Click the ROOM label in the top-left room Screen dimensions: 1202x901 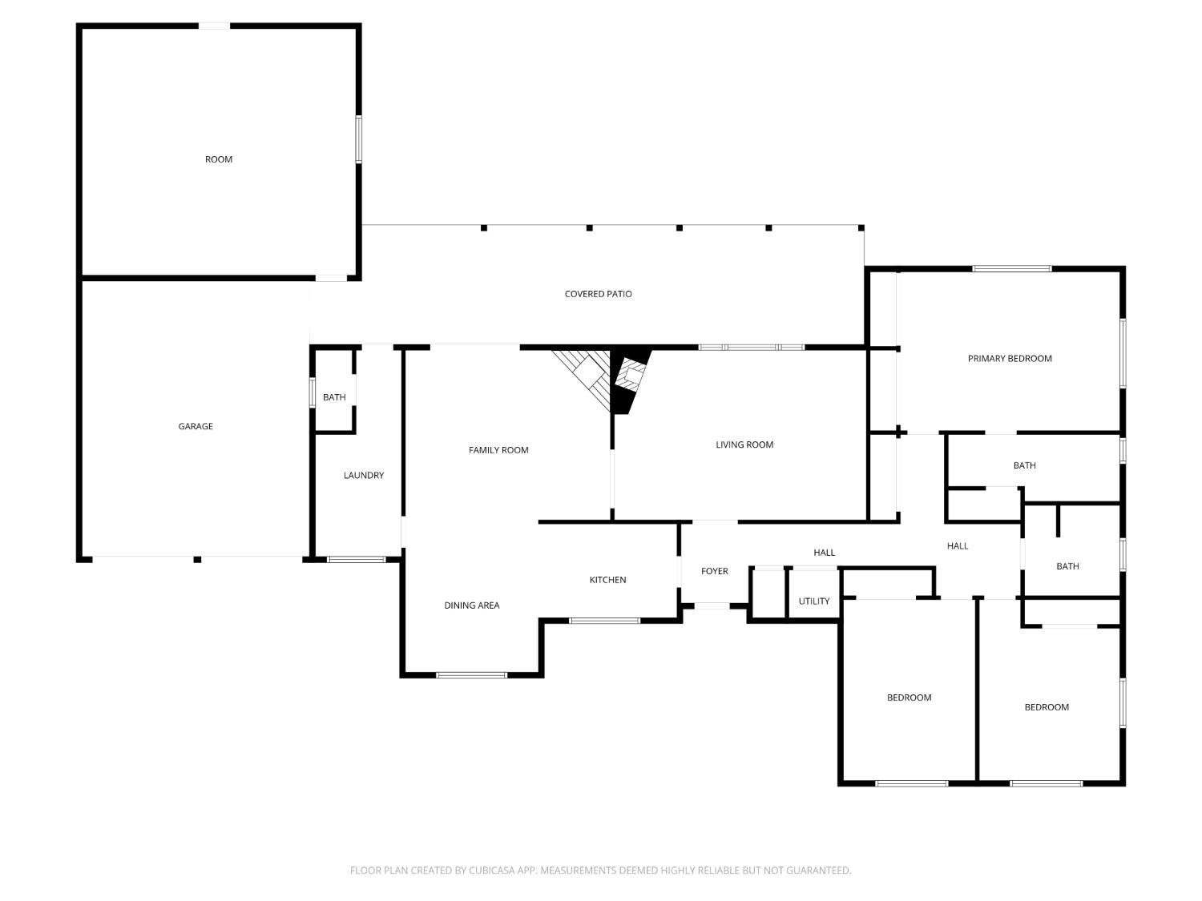(x=219, y=159)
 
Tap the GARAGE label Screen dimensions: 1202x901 (x=196, y=426)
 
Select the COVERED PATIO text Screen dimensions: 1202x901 (x=598, y=294)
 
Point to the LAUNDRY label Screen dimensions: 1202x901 (x=364, y=476)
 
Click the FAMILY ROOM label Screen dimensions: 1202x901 (x=498, y=450)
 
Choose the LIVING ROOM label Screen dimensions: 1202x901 (x=744, y=444)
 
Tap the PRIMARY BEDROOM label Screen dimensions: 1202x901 (x=1009, y=358)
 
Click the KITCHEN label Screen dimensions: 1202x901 (x=607, y=580)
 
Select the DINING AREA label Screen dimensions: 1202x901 (x=471, y=605)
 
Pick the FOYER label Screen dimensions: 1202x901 (x=714, y=571)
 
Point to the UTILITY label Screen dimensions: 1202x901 (x=813, y=601)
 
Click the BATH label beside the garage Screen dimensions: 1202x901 (x=334, y=397)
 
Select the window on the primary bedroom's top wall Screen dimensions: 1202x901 (x=1011, y=268)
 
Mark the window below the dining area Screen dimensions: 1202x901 (x=471, y=675)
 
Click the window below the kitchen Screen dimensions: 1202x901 (x=604, y=621)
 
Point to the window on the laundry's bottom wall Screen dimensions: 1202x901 (x=356, y=559)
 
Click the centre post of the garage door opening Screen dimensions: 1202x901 (x=197, y=559)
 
